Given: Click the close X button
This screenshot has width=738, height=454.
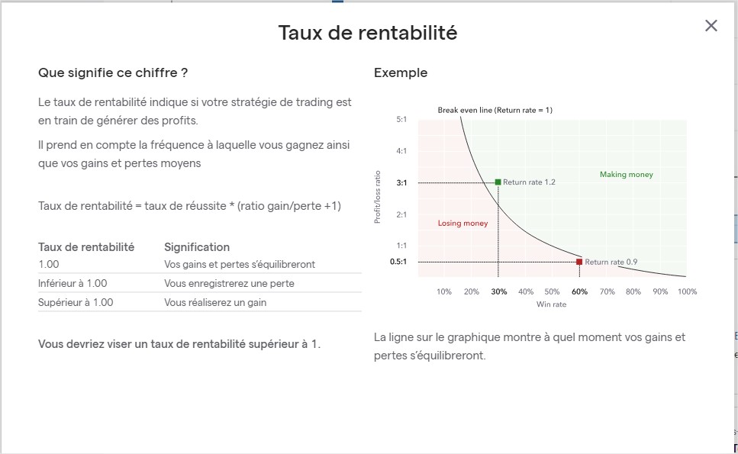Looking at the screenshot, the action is point(711,25).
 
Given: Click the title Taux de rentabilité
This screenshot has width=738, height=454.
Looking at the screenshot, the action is point(368,33).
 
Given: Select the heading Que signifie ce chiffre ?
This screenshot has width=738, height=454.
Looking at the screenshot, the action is point(113,73).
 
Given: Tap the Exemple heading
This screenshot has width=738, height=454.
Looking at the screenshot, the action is point(401,73).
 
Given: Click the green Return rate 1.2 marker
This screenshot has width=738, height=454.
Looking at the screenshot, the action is point(498,182).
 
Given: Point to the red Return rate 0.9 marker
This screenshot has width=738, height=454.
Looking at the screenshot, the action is point(579,262).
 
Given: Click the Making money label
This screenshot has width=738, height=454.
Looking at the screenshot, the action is point(627,175).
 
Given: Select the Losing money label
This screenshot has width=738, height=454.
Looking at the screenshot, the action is point(462,223).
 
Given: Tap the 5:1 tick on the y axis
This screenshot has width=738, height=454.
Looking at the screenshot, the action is point(401,120).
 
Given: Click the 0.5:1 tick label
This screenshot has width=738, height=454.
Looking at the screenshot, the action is point(398,262).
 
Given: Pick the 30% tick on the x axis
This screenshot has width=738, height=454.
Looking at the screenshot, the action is point(499,291).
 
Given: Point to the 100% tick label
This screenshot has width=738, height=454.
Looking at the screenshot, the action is point(687,291).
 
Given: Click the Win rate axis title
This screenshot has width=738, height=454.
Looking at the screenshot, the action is point(552,304).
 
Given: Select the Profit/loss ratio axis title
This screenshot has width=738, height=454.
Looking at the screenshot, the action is point(377,197).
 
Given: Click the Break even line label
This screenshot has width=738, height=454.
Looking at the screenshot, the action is point(495,110).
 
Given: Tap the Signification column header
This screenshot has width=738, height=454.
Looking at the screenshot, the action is point(197,247).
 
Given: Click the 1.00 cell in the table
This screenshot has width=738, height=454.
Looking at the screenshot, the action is point(49,265).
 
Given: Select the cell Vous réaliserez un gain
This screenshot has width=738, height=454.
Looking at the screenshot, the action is point(215,302).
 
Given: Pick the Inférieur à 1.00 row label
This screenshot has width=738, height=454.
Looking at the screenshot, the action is point(73,283).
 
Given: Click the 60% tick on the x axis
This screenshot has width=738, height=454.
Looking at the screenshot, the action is point(579,291).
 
